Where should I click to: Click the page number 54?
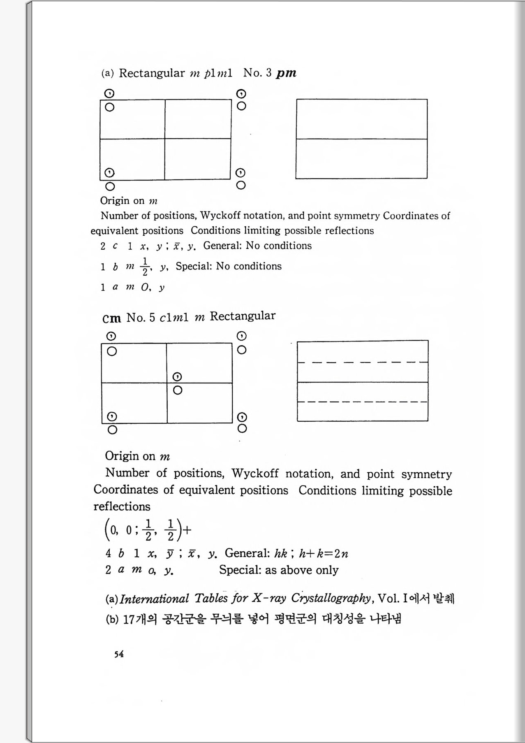pyautogui.click(x=119, y=654)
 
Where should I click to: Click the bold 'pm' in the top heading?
pyautogui.click(x=286, y=73)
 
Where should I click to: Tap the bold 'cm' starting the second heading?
pyautogui.click(x=111, y=318)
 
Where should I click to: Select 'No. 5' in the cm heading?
pyautogui.click(x=141, y=318)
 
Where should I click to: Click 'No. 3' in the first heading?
pyautogui.click(x=257, y=73)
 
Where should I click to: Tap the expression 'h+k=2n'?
pyautogui.click(x=324, y=554)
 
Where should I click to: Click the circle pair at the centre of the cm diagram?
pyautogui.click(x=177, y=383)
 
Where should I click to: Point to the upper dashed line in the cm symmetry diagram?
pyautogui.click(x=362, y=362)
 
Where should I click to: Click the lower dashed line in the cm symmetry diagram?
pyautogui.click(x=362, y=402)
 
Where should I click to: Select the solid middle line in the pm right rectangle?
pyautogui.click(x=361, y=139)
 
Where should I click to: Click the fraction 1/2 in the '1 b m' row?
pyautogui.click(x=145, y=267)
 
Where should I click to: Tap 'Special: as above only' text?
pyautogui.click(x=278, y=570)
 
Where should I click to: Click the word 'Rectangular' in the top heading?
pyautogui.click(x=152, y=73)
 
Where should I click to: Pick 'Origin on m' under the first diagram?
pyautogui.click(x=129, y=201)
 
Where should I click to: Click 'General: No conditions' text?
pyautogui.click(x=257, y=246)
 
